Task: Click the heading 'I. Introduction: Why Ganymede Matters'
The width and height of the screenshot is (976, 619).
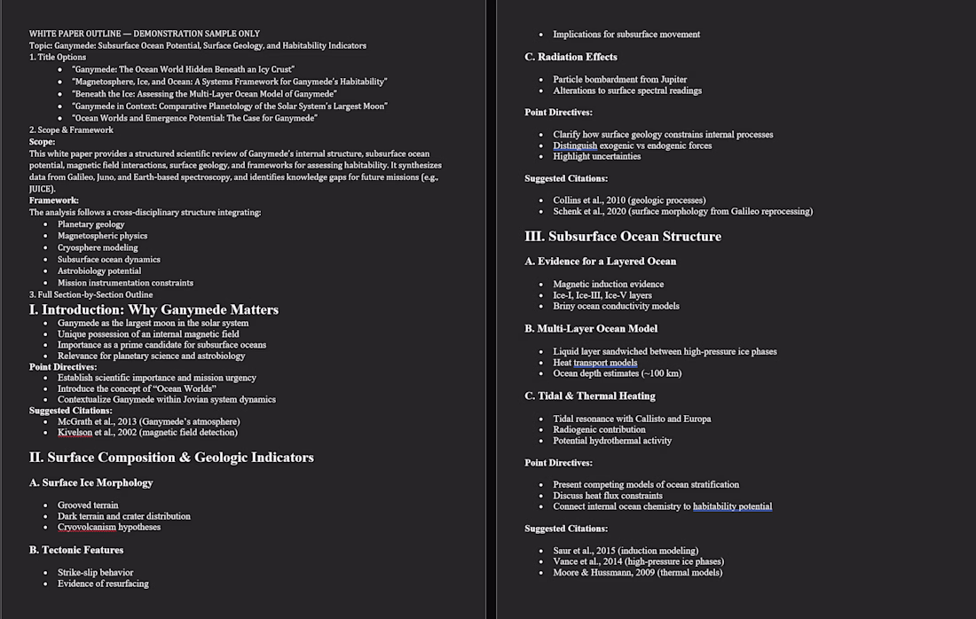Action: point(153,309)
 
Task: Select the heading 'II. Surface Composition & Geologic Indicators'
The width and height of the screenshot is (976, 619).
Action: point(171,458)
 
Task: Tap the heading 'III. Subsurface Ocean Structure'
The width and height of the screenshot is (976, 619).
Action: point(623,237)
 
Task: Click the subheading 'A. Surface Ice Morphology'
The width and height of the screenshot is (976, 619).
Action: point(91,482)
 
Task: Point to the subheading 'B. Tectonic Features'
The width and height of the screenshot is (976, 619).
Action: point(76,550)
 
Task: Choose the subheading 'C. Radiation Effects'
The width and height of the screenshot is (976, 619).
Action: point(571,57)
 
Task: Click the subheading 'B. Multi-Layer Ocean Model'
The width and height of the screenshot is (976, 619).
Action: point(591,328)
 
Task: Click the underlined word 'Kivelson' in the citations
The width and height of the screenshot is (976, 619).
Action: point(75,433)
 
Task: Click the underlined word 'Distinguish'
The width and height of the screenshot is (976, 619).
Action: point(575,145)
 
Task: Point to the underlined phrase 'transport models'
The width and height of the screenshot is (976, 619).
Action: point(605,363)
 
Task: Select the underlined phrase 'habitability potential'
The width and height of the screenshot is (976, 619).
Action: point(732,506)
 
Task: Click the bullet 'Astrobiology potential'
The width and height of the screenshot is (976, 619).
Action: point(99,271)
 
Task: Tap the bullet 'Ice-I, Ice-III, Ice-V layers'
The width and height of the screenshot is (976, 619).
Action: point(602,295)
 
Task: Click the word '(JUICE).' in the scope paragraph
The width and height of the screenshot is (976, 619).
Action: point(42,189)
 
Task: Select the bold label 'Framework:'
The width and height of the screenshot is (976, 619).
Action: point(53,200)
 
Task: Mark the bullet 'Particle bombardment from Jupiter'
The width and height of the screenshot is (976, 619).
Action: point(619,80)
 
